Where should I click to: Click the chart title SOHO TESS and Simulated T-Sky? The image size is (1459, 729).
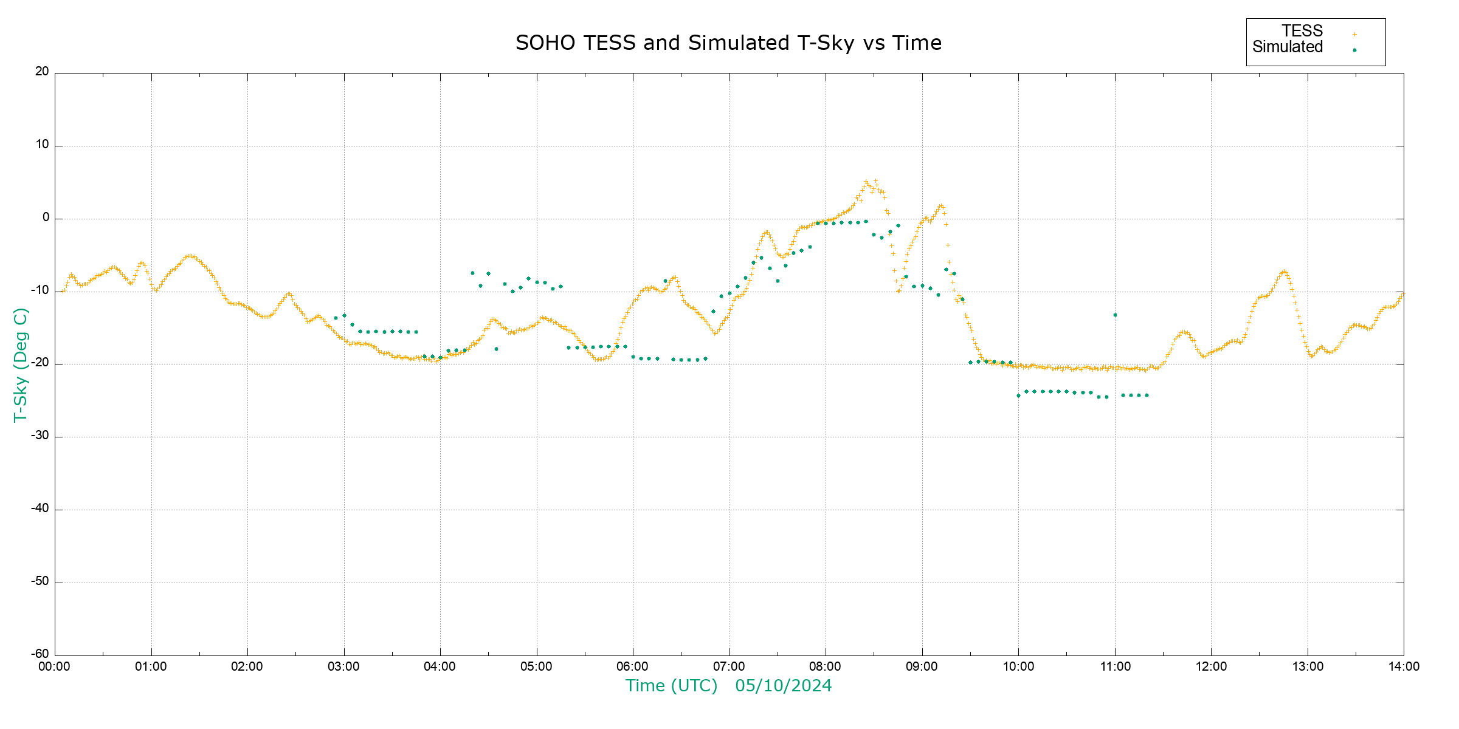click(728, 43)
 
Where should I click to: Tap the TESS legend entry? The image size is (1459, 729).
click(1302, 31)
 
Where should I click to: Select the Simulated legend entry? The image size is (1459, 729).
click(1288, 47)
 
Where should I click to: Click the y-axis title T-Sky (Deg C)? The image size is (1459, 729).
click(21, 364)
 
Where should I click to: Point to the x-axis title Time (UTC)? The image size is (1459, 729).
click(671, 686)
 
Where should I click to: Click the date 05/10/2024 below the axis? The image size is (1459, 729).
click(783, 686)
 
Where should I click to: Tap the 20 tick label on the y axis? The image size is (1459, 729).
click(42, 72)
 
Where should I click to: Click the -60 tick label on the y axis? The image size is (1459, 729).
click(40, 654)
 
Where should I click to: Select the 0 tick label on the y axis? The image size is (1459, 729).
click(46, 217)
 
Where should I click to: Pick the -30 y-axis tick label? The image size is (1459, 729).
click(40, 436)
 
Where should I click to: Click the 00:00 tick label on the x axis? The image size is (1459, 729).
click(55, 667)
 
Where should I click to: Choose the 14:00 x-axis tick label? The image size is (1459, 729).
click(1403, 667)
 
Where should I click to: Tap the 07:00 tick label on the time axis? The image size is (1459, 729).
click(729, 667)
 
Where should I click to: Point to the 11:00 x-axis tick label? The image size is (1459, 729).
click(1115, 667)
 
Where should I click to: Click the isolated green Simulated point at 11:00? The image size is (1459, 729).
click(1115, 315)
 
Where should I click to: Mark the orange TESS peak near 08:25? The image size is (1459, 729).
click(866, 181)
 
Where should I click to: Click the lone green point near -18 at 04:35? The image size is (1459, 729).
click(496, 349)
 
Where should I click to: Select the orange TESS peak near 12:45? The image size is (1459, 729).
click(1283, 272)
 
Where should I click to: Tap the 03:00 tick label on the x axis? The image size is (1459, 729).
click(344, 667)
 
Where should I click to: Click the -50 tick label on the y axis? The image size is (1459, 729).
click(40, 581)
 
